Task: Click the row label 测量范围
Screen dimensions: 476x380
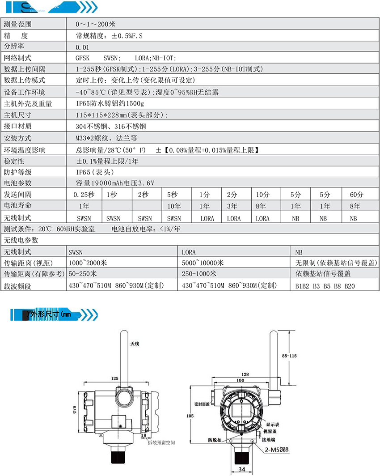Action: pos(18,24)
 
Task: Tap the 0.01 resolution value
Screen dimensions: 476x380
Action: pos(83,47)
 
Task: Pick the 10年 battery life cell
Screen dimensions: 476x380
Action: pos(174,206)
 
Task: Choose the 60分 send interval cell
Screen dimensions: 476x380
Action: pos(357,195)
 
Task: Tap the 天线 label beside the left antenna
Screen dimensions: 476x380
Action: pos(135,344)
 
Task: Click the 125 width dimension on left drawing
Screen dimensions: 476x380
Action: pos(114,378)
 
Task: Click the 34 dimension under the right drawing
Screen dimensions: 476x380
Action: pos(241,469)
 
